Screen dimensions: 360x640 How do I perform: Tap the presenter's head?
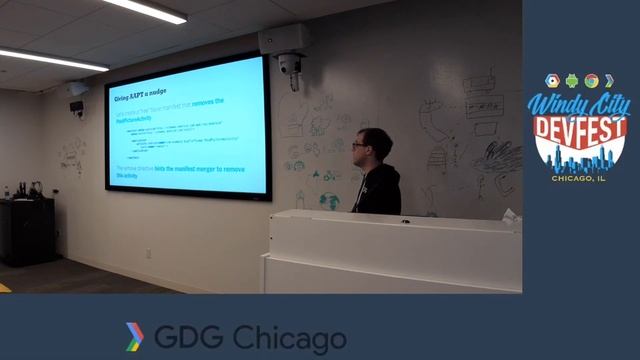pos(364,146)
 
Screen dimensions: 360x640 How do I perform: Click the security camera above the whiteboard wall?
pos(289,66)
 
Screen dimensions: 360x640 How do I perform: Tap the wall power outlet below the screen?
pos(148,253)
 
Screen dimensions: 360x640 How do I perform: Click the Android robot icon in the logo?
pos(571,81)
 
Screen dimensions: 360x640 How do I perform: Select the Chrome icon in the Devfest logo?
pos(591,81)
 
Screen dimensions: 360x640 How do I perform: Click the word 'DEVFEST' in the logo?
pos(581,131)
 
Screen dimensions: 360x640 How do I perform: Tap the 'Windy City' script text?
pos(580,104)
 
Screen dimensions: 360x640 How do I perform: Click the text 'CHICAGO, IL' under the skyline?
pos(580,178)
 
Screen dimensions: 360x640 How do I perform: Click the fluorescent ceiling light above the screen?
pos(145,10)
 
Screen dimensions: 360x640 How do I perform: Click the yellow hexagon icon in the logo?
pos(551,81)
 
